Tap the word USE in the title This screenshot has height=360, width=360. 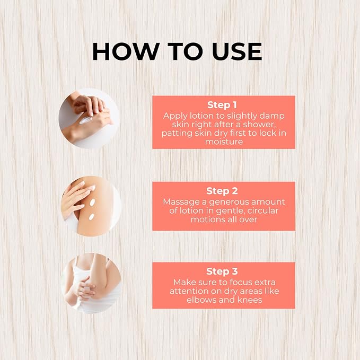(x=236, y=51)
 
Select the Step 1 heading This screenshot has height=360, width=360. (x=222, y=105)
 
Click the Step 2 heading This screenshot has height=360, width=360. (x=222, y=191)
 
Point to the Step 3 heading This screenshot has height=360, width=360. (x=222, y=271)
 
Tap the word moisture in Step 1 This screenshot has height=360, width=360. (x=224, y=142)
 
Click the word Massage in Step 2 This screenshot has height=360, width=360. (x=181, y=203)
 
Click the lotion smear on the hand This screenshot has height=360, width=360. (x=85, y=120)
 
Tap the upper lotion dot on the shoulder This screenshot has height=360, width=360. (x=92, y=203)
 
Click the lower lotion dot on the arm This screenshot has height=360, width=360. (x=91, y=217)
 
